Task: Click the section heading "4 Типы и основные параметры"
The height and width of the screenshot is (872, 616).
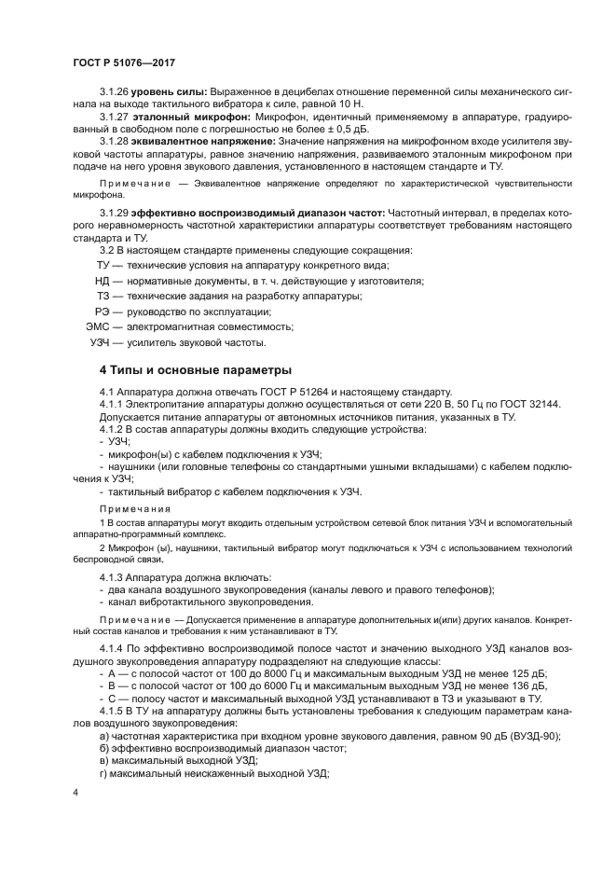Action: click(x=183, y=370)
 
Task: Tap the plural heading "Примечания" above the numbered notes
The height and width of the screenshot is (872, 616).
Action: click(x=135, y=509)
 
